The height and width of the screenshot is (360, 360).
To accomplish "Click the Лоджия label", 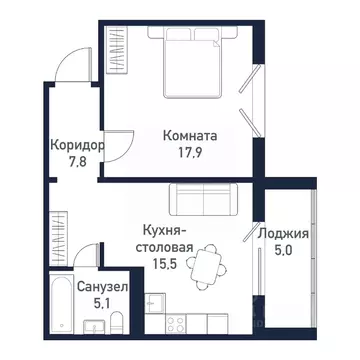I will pyautogui.click(x=284, y=235).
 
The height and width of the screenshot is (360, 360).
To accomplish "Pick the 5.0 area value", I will pyautogui.click(x=284, y=253).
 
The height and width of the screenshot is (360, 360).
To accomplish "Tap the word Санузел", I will pyautogui.click(x=99, y=287).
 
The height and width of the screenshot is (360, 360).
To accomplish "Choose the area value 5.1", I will pyautogui.click(x=99, y=304).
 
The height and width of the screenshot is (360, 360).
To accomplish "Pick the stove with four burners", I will pyautogui.click(x=177, y=325).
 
